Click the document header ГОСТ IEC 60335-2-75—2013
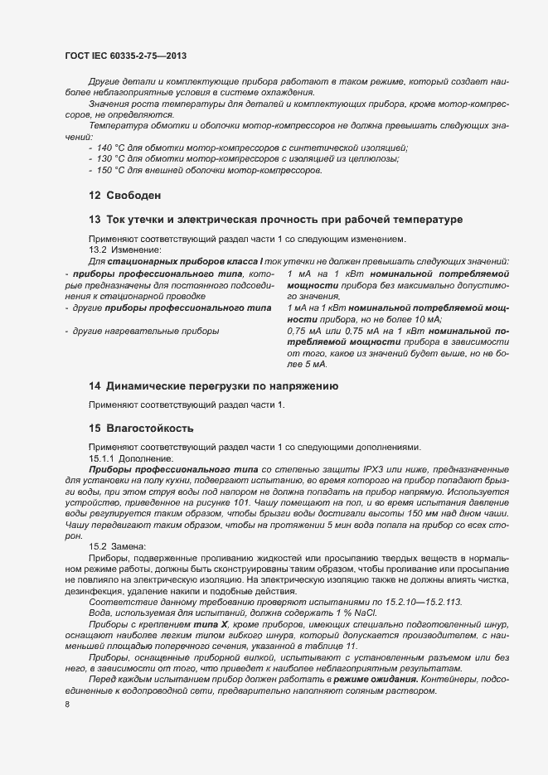[x=125, y=56]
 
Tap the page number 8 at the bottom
[x=66, y=705]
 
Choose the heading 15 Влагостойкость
[x=141, y=429]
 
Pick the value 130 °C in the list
[x=112, y=158]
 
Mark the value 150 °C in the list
[x=112, y=170]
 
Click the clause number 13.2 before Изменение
[x=98, y=250]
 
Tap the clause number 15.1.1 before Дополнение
[x=103, y=458]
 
